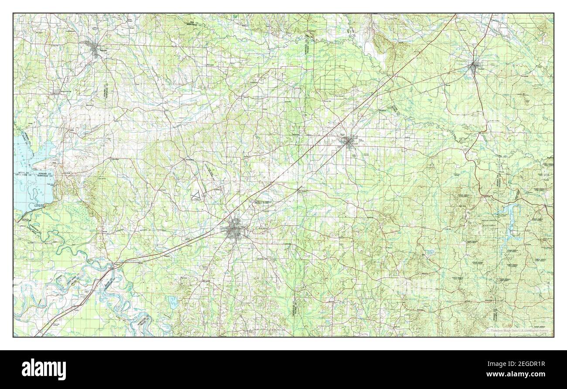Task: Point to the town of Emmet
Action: click(x=299, y=190)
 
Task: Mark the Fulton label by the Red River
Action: click(x=114, y=264)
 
